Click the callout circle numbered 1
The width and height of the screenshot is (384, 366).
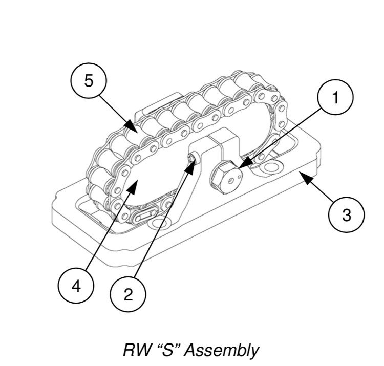(x=335, y=98)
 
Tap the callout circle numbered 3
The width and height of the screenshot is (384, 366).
(x=347, y=215)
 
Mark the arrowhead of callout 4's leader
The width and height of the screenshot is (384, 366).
(x=135, y=180)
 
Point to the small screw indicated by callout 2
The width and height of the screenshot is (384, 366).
(x=191, y=160)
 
